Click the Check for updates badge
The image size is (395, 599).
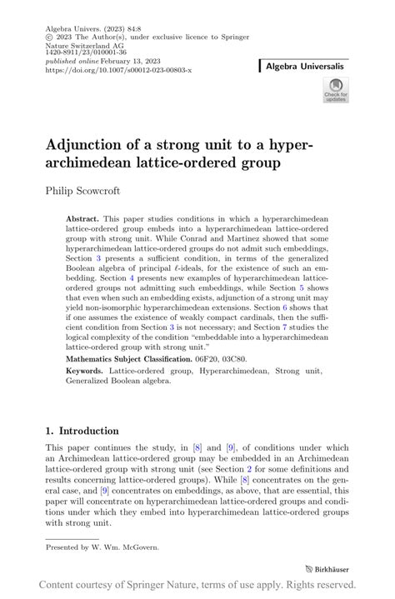tap(336, 90)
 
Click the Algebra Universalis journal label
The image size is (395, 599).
tap(306, 65)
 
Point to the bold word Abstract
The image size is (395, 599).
tap(82, 217)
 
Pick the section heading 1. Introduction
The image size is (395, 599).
tap(82, 431)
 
